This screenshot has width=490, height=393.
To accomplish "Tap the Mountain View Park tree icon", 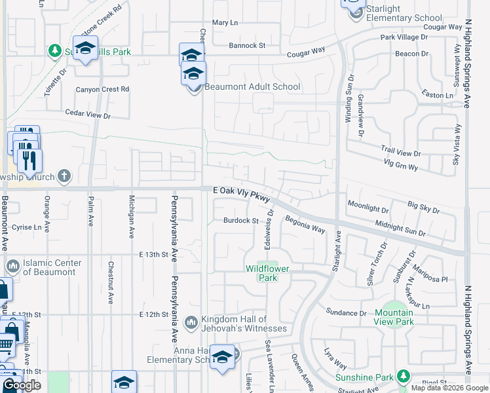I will click(x=393, y=307).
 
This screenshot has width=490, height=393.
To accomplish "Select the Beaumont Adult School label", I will click(x=252, y=86).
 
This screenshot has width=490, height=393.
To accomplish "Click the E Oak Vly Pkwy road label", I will click(x=241, y=190).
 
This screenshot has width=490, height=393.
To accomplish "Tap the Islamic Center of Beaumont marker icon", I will click(x=12, y=267).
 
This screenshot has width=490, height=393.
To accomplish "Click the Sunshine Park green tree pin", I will click(x=404, y=376).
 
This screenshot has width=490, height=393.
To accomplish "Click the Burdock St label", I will click(x=240, y=221).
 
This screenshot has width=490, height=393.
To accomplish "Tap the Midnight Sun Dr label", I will click(x=401, y=228).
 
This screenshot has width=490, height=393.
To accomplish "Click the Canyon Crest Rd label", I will click(x=102, y=89).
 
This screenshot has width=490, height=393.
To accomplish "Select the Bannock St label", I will click(x=246, y=46).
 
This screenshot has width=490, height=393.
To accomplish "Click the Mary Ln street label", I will click(x=224, y=23).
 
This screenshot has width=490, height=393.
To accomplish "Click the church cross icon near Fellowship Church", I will click(x=64, y=176).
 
